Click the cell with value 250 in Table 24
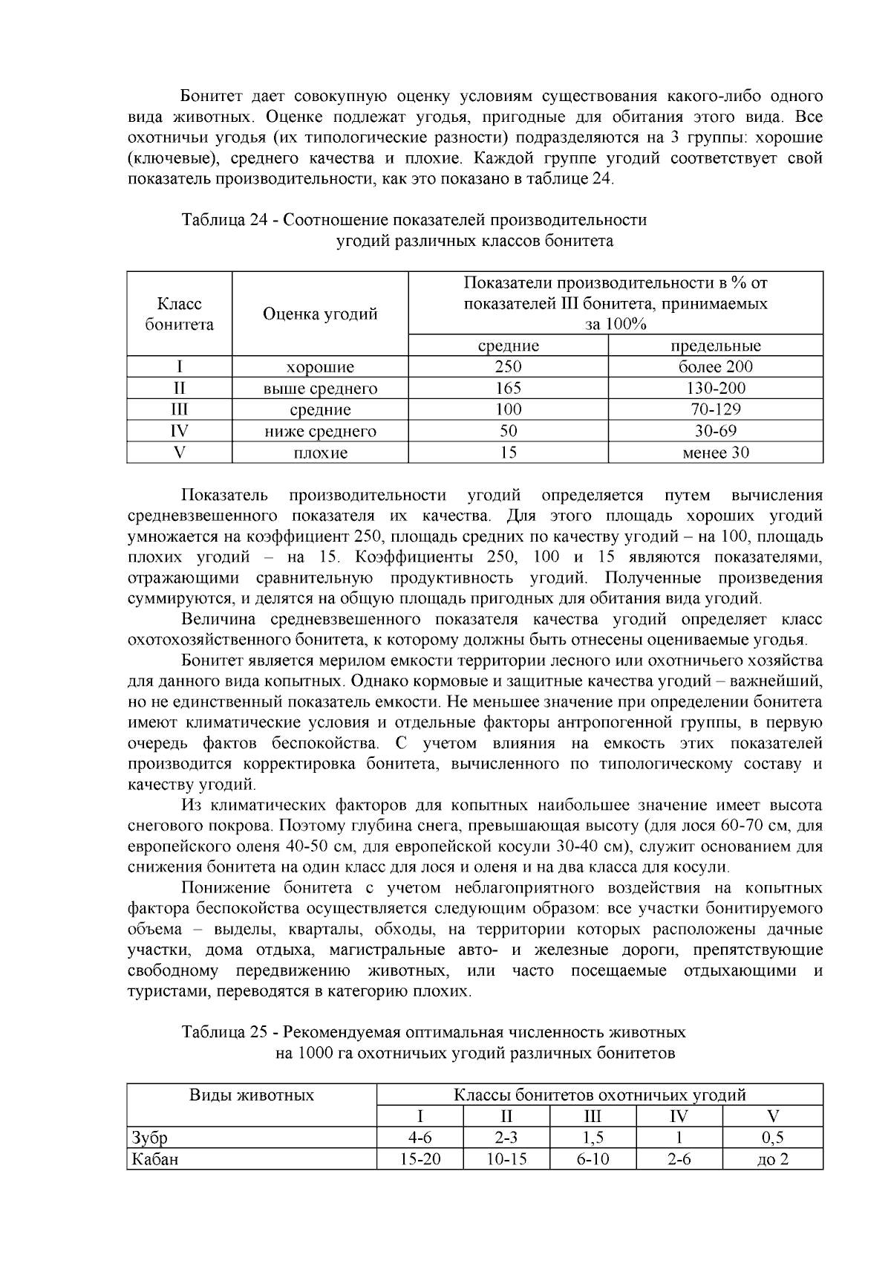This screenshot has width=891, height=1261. tap(508, 366)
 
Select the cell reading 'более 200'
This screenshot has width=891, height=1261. tap(715, 366)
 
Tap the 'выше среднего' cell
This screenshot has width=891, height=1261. tap(320, 388)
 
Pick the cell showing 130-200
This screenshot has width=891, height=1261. tap(715, 388)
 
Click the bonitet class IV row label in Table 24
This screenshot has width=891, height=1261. tap(179, 431)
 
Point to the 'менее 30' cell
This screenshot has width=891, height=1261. tap(715, 453)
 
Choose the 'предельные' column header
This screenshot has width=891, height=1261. tap(715, 346)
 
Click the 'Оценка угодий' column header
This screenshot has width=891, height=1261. tap(320, 314)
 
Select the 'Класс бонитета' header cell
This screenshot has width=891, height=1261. tap(179, 314)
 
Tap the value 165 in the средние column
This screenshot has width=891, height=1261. tap(508, 388)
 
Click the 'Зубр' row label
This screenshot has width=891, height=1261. tap(149, 1138)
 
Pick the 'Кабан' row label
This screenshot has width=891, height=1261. tap(154, 1159)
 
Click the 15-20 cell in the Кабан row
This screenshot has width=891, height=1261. tap(420, 1159)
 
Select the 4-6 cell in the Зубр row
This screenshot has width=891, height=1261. tap(420, 1138)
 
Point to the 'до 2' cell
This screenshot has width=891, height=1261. tap(772, 1159)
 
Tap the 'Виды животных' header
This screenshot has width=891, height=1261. tap(252, 1095)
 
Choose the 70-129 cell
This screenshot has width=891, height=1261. tap(715, 409)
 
